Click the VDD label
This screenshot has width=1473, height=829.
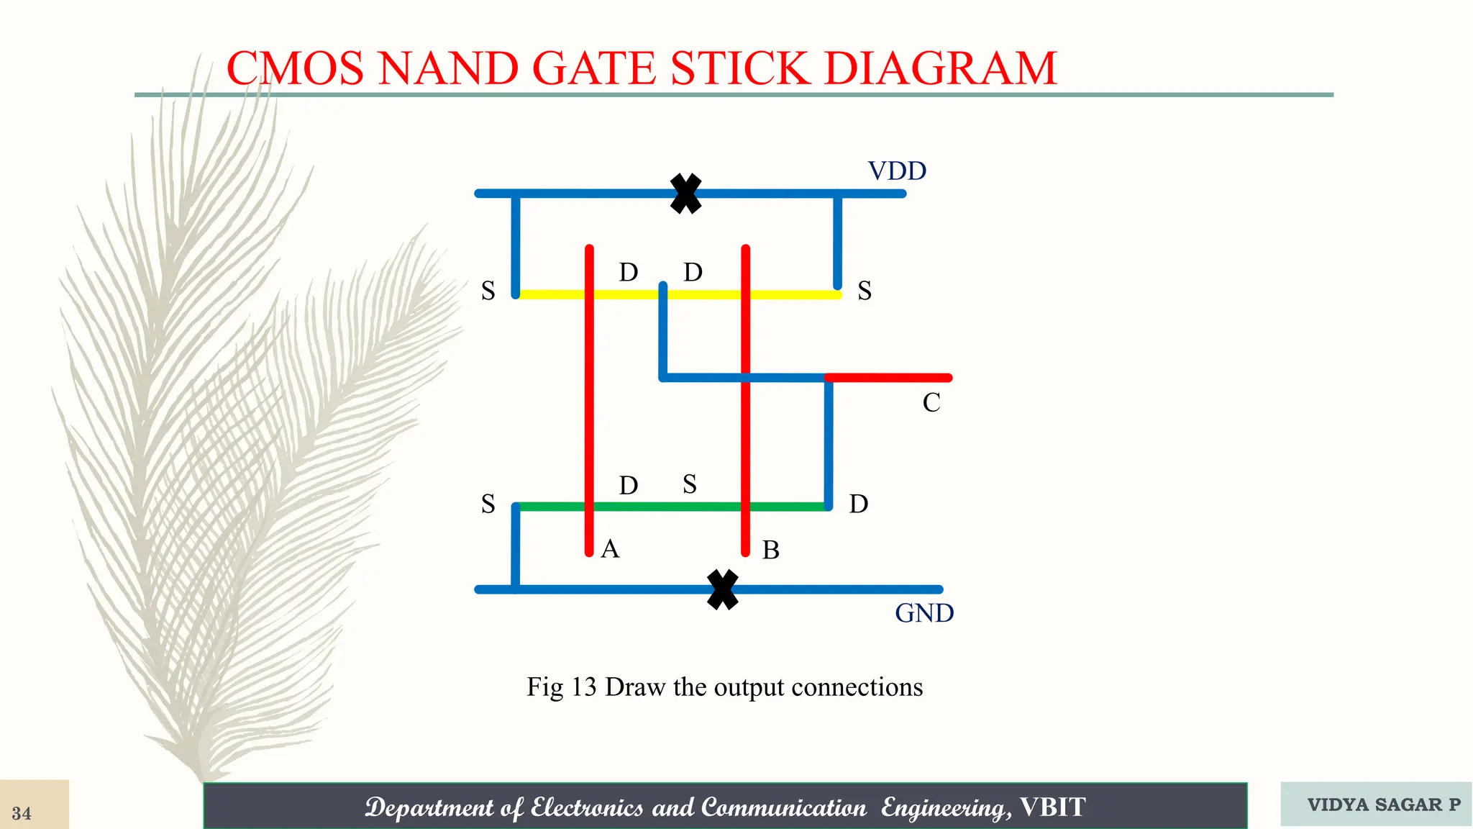coord(897,171)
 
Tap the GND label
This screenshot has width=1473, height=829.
coord(924,613)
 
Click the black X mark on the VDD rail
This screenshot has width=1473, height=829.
coord(685,194)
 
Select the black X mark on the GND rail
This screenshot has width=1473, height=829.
coord(723,589)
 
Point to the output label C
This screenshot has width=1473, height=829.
coord(931,402)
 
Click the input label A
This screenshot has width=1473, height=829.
coord(610,549)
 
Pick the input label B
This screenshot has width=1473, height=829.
coord(771,551)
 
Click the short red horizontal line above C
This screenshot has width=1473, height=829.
coord(892,378)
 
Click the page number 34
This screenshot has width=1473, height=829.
coord(22,813)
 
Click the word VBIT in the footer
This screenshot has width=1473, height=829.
coord(1053,807)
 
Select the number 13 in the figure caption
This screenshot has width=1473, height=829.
coord(584,687)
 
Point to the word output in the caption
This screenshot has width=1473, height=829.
coord(749,687)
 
